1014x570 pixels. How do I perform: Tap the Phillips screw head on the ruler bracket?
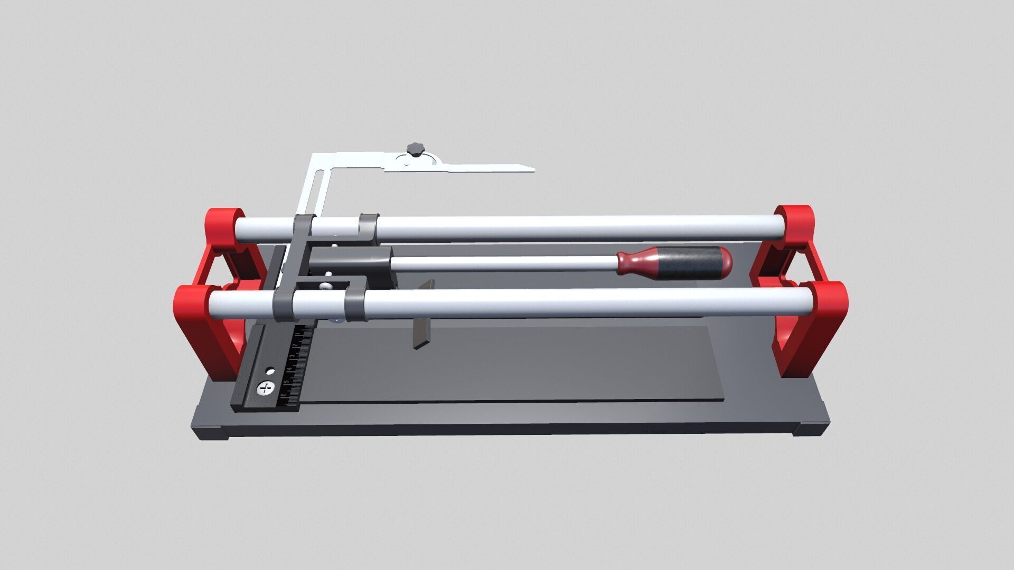[x=266, y=389]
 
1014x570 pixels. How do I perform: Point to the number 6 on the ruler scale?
[x=284, y=395]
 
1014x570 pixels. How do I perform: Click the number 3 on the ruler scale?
[x=292, y=357]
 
